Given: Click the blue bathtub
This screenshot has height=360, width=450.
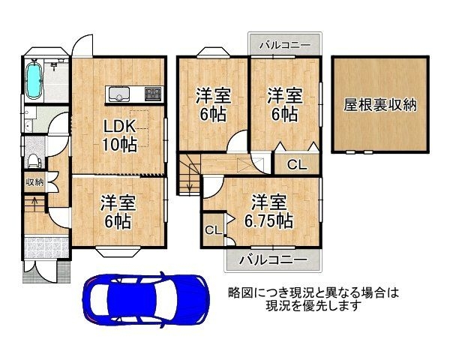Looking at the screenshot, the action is tap(34, 80).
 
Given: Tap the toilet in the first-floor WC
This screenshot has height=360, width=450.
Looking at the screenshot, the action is tap(34, 160).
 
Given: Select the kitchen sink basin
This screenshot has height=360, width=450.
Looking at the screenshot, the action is tap(118, 94).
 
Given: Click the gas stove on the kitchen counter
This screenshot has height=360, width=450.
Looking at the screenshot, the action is tap(153, 94).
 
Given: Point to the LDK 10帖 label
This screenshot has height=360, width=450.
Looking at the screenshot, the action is tap(120, 136).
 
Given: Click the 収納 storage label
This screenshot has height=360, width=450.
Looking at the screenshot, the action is tap(34, 181).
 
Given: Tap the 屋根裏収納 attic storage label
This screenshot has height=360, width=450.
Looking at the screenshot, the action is tap(380, 105).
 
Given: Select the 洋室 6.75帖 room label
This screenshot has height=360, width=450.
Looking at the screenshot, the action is tap(268, 211).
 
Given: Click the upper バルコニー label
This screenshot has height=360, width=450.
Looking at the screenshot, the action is tap(285, 45).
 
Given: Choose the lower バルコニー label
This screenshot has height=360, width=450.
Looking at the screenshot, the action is tap(273, 259).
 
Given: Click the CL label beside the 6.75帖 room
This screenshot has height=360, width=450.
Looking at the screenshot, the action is tap(213, 230).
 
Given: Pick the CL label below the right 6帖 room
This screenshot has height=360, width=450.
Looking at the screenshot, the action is tap(297, 165).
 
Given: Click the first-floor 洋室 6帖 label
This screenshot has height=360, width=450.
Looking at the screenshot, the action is tap(118, 211).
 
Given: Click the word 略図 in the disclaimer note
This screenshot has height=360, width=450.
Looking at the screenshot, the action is tap(239, 292).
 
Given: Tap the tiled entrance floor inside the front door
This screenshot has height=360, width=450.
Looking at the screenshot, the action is tap(46, 247).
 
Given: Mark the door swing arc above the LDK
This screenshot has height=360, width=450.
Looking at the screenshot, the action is tap(83, 40).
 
